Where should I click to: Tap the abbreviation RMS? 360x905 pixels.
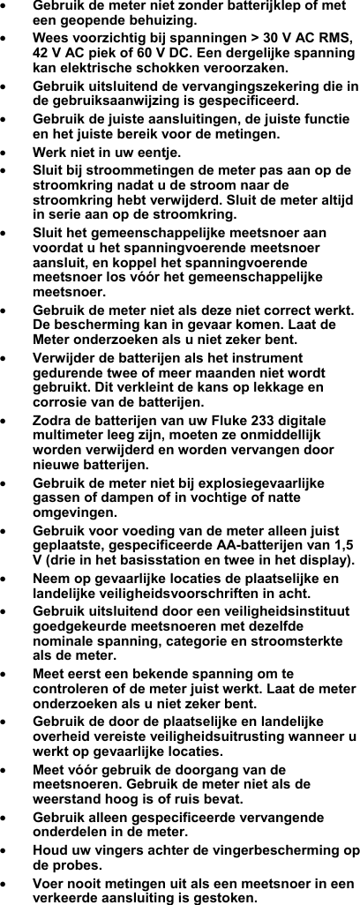[332, 37]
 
